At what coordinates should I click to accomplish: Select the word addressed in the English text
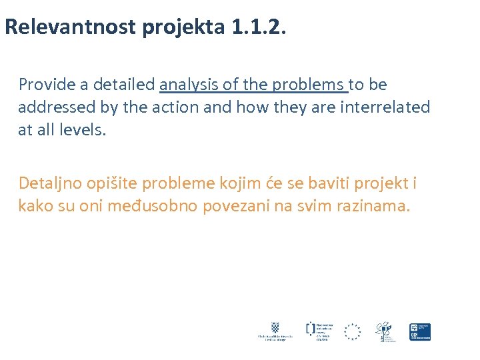pyautogui.click(x=50, y=107)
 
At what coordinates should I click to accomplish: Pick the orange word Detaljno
pyautogui.click(x=47, y=183)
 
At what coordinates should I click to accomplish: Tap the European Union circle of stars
pyautogui.click(x=352, y=331)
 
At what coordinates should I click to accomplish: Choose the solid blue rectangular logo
pyautogui.click(x=420, y=331)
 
